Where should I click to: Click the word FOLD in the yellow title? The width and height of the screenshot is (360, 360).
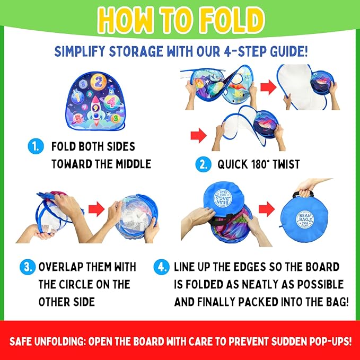(x=232, y=20)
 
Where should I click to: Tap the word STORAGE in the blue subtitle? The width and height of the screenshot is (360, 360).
(x=135, y=51)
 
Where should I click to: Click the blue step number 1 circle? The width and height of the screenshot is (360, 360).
(x=36, y=146)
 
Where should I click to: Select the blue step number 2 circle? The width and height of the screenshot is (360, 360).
(x=203, y=164)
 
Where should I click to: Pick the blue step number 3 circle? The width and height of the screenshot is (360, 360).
(x=28, y=267)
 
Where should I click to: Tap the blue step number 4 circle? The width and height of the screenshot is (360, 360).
(x=161, y=267)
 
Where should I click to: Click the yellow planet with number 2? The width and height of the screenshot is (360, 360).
(x=98, y=82)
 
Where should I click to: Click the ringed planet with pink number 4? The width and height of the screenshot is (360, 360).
(x=111, y=102)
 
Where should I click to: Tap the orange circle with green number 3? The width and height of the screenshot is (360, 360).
(x=116, y=118)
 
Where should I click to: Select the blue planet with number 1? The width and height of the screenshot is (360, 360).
(x=77, y=98)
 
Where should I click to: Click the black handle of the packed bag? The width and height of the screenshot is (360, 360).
(x=303, y=194)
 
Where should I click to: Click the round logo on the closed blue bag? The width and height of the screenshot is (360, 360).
(x=305, y=220)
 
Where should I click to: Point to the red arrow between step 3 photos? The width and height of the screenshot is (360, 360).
(x=96, y=209)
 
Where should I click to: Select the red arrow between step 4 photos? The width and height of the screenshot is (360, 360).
(x=267, y=209)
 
